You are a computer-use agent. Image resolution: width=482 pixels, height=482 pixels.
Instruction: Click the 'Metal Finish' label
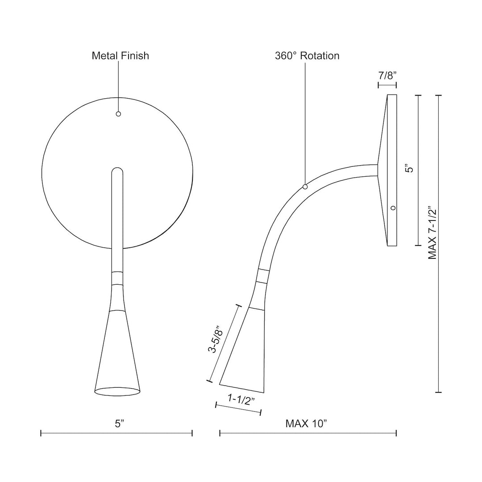[120, 56]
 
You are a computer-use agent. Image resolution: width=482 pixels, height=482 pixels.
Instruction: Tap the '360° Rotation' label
[307, 56]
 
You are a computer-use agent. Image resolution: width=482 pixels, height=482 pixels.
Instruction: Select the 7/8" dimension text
[387, 75]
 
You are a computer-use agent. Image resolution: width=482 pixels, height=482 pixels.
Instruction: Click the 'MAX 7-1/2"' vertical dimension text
[432, 233]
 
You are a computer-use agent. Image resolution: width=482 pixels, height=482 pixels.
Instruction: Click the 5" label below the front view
[118, 424]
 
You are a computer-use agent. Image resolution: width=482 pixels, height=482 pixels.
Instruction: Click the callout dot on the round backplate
[118, 114]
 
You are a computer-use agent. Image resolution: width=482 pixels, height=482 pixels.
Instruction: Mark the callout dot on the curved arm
[305, 187]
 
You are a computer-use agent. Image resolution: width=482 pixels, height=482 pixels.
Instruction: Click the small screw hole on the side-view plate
[393, 208]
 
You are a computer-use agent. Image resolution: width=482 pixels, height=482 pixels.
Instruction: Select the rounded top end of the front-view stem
[117, 172]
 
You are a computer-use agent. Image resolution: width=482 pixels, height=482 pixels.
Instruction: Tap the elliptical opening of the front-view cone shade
[117, 391]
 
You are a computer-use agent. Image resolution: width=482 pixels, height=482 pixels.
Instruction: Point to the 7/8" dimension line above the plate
[387, 85]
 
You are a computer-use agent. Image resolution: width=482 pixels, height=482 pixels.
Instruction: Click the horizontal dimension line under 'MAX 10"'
[308, 433]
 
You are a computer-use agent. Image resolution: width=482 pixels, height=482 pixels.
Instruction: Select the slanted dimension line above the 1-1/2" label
[238, 410]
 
